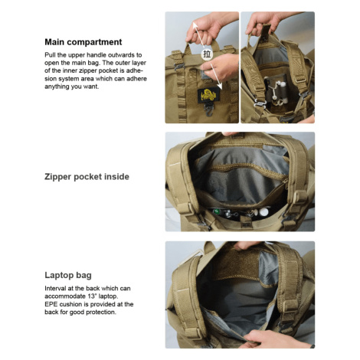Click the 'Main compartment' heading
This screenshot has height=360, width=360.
pos(83,42)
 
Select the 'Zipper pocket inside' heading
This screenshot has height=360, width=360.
pos(87,177)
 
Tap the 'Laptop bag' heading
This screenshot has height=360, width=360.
pos(68,275)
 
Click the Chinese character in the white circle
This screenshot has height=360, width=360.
pos(207,54)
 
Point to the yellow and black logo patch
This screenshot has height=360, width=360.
pos(208,95)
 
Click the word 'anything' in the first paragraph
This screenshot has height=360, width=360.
pos(57,87)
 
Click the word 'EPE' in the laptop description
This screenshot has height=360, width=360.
pos(51,304)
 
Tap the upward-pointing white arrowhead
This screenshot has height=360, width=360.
pos(195,25)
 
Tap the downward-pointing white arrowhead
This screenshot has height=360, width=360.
pos(219,86)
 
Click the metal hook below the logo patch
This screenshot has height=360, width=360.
pos(209,110)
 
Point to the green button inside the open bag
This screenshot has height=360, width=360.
pos(217,211)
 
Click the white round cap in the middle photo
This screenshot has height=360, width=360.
pos(263,211)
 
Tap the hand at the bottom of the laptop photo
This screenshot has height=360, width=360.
pos(274,339)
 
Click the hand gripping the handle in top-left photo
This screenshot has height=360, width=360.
pos(208,28)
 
